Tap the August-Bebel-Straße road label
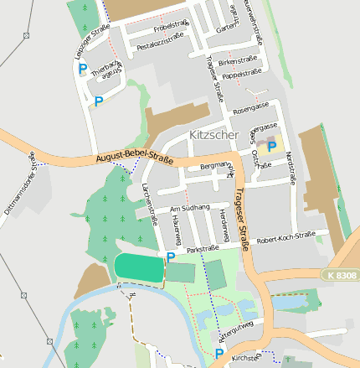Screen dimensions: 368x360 tap(134, 157)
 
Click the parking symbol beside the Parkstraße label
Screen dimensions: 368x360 tap(172, 257)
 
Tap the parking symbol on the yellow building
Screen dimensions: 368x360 tap(271, 147)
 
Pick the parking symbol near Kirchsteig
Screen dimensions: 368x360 tap(219, 355)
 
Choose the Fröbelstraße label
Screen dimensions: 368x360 tap(170, 26)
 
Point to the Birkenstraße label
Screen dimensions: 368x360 tap(238, 61)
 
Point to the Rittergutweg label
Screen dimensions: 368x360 tap(235, 330)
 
